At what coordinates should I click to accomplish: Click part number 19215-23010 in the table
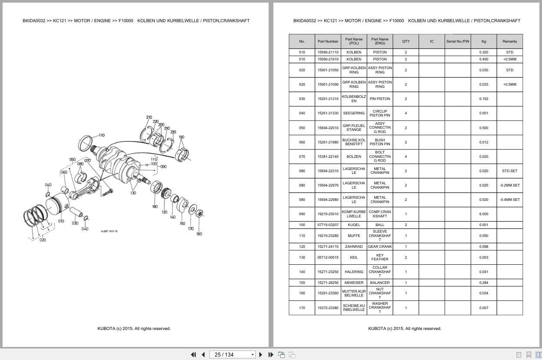(x=328, y=214)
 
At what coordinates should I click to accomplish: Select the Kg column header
(x=484, y=41)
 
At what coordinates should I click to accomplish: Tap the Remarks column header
(x=509, y=41)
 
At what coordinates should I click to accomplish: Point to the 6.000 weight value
(x=484, y=214)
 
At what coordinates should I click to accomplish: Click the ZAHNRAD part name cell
(x=354, y=247)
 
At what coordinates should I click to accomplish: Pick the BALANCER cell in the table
(x=379, y=283)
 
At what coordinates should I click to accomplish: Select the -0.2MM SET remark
(x=509, y=185)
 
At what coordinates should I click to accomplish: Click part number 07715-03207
(x=328, y=225)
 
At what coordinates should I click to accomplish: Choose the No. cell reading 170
(x=302, y=308)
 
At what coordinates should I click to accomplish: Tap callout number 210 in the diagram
(x=149, y=117)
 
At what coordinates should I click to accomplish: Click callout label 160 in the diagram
(x=199, y=234)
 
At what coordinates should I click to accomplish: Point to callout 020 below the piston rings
(x=43, y=240)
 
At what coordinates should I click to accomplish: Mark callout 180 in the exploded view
(x=155, y=207)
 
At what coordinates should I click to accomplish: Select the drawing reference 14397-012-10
(x=109, y=231)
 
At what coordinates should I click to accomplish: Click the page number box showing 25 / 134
(x=232, y=354)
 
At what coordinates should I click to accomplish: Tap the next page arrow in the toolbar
(x=261, y=354)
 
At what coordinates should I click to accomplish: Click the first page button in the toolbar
(x=193, y=354)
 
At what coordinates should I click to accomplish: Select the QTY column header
(x=406, y=41)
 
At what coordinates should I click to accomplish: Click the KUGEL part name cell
(x=354, y=225)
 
